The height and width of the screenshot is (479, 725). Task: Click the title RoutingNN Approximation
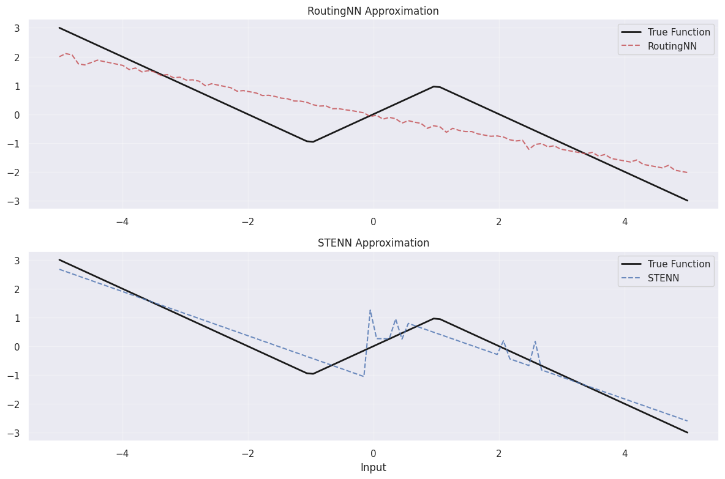tap(373, 11)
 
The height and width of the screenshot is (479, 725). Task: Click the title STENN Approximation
tap(373, 243)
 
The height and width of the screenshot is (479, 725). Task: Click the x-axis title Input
tap(373, 467)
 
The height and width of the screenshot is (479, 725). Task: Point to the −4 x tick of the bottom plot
tap(122, 453)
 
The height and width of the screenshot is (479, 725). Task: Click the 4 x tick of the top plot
tap(625, 221)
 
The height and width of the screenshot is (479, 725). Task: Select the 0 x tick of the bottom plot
tap(373, 453)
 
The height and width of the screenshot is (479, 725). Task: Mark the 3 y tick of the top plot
tap(17, 28)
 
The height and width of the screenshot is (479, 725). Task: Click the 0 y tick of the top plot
tap(17, 115)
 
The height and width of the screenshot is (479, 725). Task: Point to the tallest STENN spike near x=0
tap(370, 310)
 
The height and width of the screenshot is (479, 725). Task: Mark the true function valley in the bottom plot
tap(311, 374)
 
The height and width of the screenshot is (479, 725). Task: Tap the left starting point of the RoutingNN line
tap(59, 57)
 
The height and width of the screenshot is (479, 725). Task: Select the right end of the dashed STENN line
tap(687, 421)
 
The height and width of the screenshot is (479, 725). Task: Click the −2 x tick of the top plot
tap(247, 221)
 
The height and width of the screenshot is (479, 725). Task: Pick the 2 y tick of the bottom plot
tap(17, 289)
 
